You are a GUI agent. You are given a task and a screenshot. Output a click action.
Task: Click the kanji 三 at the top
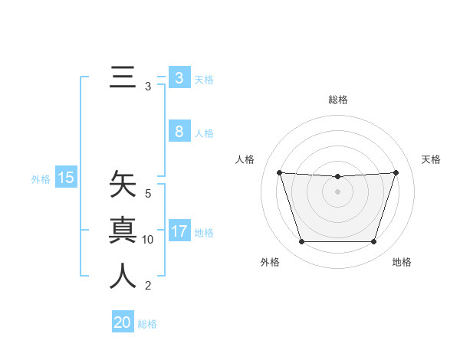(x=123, y=78)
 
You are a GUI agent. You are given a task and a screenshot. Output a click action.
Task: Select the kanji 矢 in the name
(x=123, y=185)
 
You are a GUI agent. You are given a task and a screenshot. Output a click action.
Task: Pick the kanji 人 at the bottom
(x=123, y=276)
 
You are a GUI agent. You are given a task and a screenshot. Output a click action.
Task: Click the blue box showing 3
(x=179, y=78)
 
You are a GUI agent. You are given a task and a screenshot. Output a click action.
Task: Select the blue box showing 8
(x=179, y=132)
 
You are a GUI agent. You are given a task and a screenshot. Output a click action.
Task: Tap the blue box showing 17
(x=179, y=231)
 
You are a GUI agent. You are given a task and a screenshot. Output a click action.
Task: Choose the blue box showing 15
(x=65, y=178)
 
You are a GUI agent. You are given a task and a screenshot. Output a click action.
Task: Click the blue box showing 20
(x=123, y=322)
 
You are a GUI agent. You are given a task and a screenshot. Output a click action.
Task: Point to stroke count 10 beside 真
(x=148, y=240)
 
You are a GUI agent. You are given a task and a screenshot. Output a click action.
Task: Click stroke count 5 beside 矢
(x=148, y=194)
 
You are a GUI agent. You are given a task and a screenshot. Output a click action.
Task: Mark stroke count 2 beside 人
(x=148, y=286)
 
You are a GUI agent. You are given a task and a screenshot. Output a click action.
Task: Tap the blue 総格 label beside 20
(x=147, y=324)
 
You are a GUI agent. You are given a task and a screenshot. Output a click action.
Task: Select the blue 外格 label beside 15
(x=41, y=179)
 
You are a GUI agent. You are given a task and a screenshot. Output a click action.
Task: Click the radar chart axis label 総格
(x=337, y=100)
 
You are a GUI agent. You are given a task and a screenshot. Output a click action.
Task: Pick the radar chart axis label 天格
(x=431, y=159)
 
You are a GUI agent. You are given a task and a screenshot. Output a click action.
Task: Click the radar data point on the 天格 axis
(x=396, y=172)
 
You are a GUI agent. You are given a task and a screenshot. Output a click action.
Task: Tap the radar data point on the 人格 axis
(x=279, y=172)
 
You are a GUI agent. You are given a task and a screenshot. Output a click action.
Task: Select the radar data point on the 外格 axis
(x=301, y=242)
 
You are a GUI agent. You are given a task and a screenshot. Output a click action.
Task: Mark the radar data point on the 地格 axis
(x=373, y=242)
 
